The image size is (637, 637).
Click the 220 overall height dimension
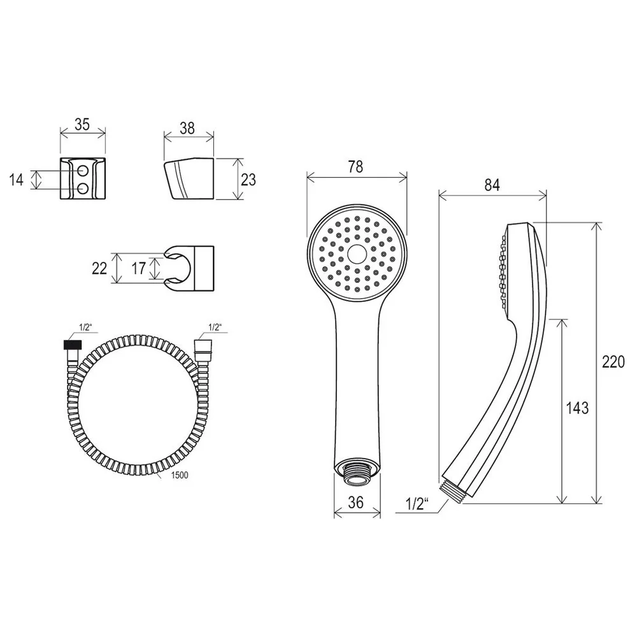click(x=613, y=361)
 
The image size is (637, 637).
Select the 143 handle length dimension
click(x=577, y=408)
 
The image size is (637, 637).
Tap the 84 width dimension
click(x=492, y=185)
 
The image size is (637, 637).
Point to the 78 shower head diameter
click(x=355, y=166)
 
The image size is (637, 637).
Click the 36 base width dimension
click(x=356, y=503)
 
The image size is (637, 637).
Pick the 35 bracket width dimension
click(x=82, y=124)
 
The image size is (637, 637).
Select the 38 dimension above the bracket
click(x=187, y=129)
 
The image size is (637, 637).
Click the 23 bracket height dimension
click(x=248, y=179)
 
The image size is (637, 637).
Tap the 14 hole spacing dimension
click(x=17, y=180)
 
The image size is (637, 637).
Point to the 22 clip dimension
click(x=99, y=268)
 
